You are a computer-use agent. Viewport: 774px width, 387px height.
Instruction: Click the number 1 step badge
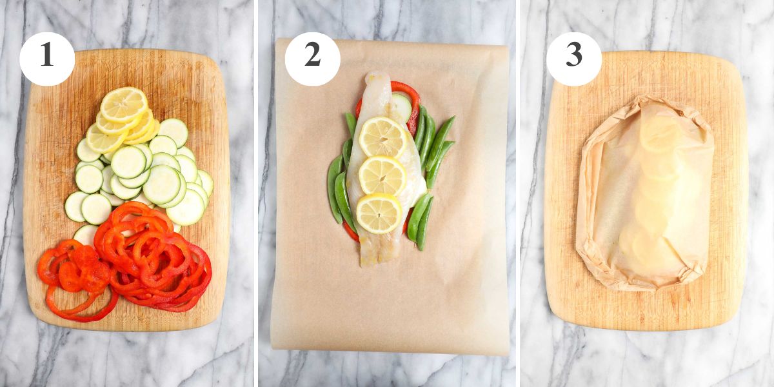47,59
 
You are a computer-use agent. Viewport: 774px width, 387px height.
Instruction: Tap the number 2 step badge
312,59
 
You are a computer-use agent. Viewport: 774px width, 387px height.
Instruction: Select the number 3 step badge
574,59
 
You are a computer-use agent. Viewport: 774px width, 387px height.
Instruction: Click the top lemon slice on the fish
383,137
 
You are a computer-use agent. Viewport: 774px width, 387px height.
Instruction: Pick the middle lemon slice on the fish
382,175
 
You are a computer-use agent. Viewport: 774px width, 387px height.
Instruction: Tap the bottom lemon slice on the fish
379,213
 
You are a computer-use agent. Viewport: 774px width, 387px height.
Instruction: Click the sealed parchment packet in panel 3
645,193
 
